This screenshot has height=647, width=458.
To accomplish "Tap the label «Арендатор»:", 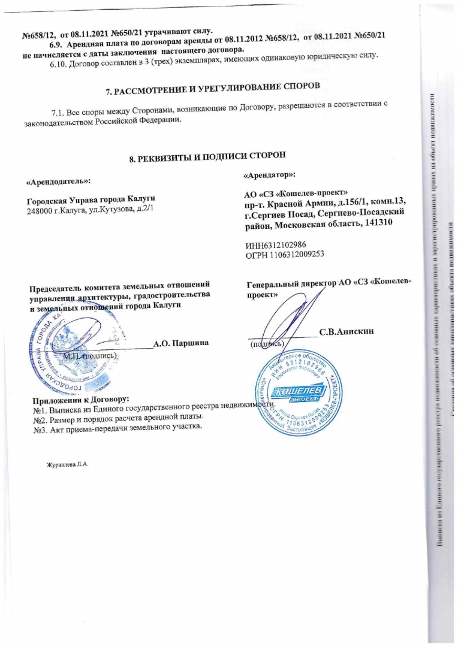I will click(x=269, y=174).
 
